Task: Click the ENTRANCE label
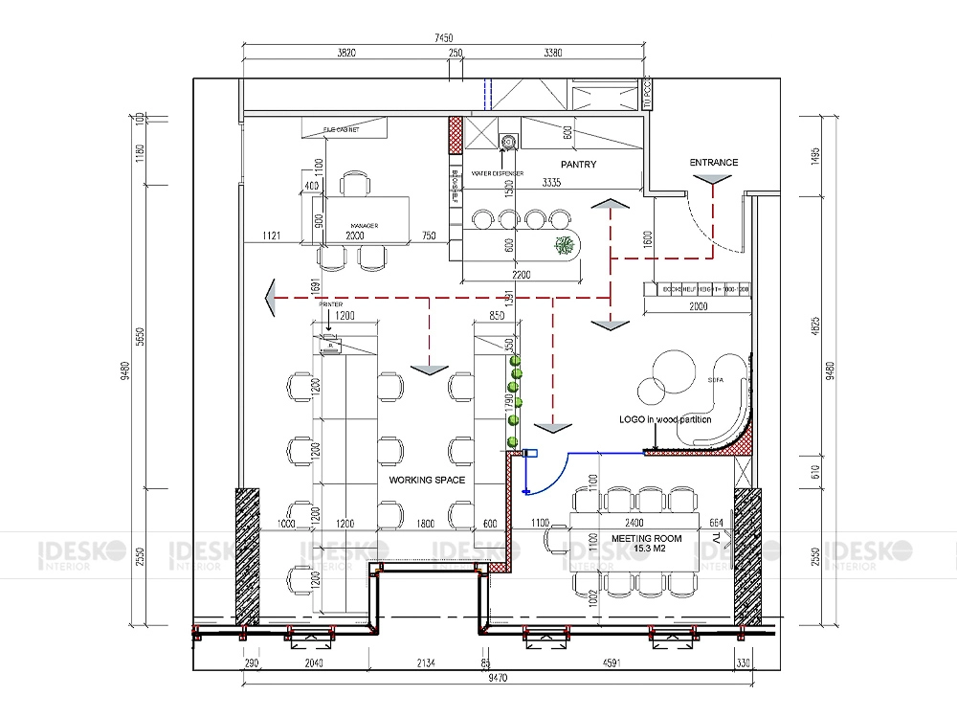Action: click(x=714, y=163)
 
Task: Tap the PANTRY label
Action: click(x=578, y=165)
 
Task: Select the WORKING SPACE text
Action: click(x=427, y=480)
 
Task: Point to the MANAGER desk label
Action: click(x=364, y=226)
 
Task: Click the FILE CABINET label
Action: click(x=341, y=129)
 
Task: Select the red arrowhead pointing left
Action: click(x=272, y=299)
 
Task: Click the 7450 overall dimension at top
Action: click(x=443, y=37)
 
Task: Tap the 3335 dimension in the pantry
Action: click(x=551, y=182)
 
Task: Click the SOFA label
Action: click(x=714, y=380)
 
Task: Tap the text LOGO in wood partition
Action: click(x=665, y=420)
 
